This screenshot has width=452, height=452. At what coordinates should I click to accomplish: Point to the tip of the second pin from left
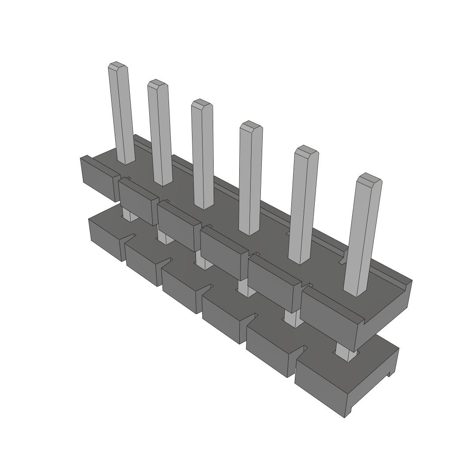[x=158, y=84]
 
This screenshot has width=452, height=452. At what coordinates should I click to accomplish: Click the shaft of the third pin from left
[x=203, y=154]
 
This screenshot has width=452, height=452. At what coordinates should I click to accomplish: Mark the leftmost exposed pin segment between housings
[x=128, y=215]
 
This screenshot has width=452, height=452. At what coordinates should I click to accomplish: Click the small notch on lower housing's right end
[x=390, y=373]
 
